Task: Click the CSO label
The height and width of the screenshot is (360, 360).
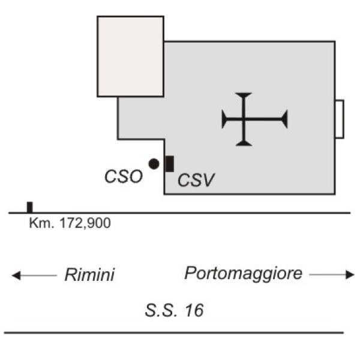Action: [124, 176]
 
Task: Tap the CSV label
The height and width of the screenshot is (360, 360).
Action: [196, 180]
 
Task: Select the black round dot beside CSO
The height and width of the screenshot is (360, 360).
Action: [154, 164]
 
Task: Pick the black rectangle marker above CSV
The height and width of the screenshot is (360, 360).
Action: [170, 164]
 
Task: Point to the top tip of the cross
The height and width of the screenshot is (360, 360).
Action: [244, 93]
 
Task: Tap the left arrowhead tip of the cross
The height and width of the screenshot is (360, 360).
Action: [222, 119]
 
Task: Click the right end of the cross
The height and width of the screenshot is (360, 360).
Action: [287, 119]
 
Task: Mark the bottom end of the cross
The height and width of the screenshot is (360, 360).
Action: [244, 146]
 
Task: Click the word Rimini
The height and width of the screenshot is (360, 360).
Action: [89, 274]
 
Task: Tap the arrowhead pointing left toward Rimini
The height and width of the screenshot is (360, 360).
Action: [16, 275]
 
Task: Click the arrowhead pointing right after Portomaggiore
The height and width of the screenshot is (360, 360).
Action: [350, 275]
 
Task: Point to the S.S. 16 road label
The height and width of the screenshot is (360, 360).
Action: [174, 310]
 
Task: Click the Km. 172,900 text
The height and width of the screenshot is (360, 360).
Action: [70, 223]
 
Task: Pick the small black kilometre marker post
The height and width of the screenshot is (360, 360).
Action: [30, 208]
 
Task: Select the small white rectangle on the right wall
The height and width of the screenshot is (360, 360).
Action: [340, 119]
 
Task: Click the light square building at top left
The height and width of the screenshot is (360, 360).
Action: [130, 56]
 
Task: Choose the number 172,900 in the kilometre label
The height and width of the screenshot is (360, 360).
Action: [85, 223]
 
